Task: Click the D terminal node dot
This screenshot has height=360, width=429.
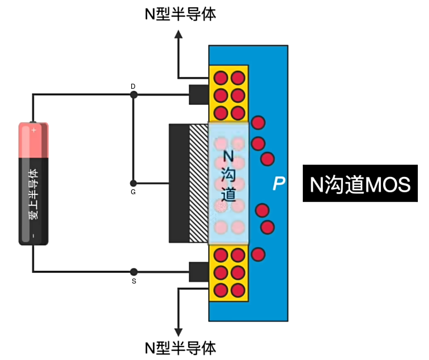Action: tap(134, 95)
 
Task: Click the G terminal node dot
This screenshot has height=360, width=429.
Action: tap(134, 183)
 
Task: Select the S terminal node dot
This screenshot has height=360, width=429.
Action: tap(134, 272)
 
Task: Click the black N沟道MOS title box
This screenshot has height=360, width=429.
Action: tap(360, 184)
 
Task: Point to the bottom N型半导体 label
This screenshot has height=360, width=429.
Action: tap(180, 348)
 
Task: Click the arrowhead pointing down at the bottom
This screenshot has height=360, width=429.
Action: tap(179, 330)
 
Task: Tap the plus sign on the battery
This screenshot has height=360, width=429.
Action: tap(34, 129)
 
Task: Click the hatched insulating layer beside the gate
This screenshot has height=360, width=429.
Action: tap(198, 183)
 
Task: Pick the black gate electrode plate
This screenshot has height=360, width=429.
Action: tap(179, 183)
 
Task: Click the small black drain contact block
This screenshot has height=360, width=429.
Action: tap(198, 94)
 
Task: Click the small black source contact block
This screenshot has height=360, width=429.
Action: tap(198, 272)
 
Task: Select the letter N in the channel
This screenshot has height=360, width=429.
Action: tap(228, 156)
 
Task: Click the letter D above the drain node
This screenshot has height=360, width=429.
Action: tap(133, 86)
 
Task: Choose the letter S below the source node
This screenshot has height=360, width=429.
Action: tap(134, 281)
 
